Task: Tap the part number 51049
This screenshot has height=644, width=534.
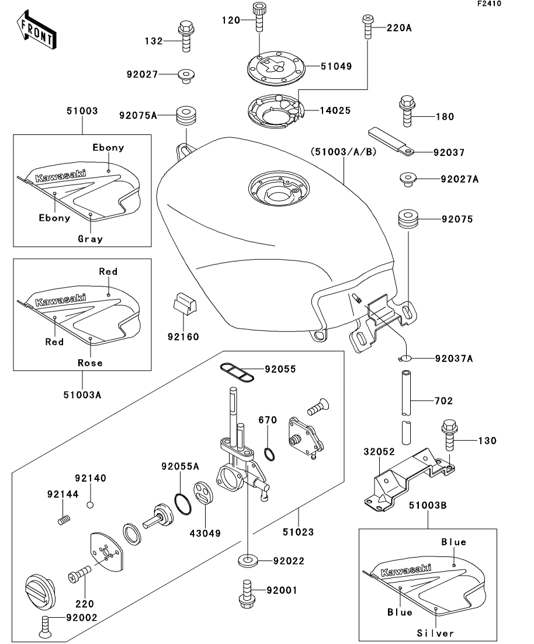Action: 336,67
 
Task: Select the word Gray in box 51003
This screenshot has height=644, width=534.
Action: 90,238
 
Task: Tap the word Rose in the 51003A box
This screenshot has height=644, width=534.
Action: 90,363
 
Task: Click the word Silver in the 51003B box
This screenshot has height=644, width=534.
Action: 435,633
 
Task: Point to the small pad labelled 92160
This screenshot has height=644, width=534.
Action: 184,304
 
